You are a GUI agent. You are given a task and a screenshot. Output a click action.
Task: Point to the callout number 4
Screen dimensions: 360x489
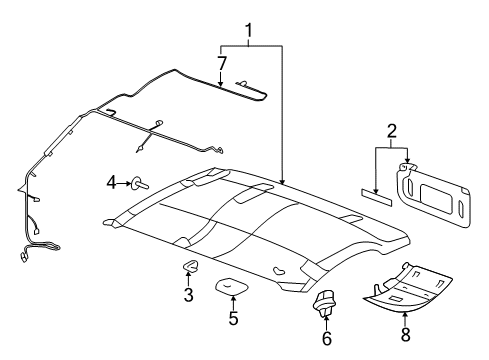(112, 182)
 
